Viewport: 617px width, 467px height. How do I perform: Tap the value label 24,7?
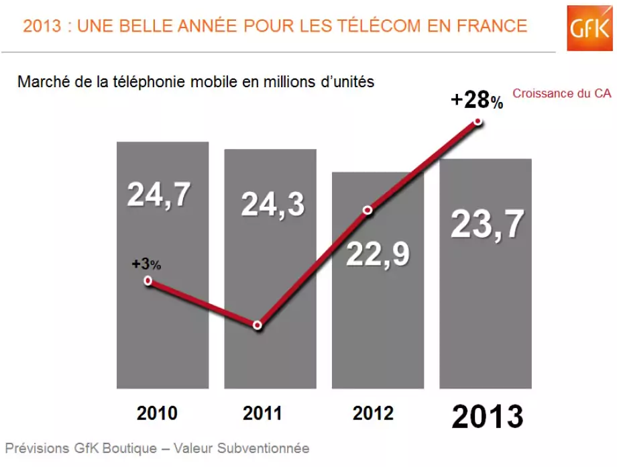click(x=159, y=194)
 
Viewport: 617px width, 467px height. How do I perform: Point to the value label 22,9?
click(x=378, y=254)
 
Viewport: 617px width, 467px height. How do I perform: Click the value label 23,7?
click(x=487, y=224)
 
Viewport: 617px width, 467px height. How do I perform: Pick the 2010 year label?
click(x=158, y=413)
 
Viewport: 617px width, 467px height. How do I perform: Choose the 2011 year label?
click(x=263, y=413)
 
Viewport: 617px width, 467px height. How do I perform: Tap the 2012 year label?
click(x=373, y=413)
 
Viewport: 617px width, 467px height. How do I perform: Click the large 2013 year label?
click(x=487, y=417)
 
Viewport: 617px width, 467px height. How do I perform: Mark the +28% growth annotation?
click(x=476, y=101)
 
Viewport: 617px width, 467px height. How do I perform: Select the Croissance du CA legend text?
click(x=562, y=94)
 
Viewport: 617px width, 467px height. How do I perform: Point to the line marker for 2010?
click(x=148, y=281)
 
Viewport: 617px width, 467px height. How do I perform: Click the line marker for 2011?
click(x=258, y=325)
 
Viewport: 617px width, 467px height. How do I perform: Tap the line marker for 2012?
click(x=368, y=210)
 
